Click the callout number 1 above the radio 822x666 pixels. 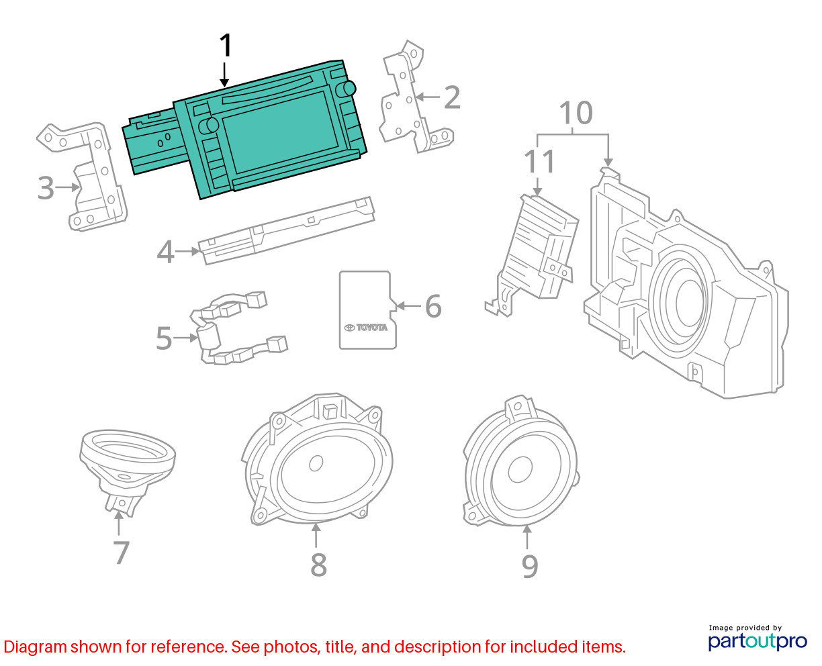click(x=226, y=45)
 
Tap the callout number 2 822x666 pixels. click(x=452, y=97)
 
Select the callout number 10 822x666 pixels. click(x=576, y=113)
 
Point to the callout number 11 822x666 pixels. click(x=539, y=161)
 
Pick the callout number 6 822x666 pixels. click(x=433, y=306)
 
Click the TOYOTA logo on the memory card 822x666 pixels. click(x=366, y=328)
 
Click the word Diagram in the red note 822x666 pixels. click(x=36, y=647)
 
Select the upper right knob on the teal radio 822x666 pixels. click(x=346, y=89)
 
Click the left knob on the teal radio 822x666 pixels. click(x=209, y=125)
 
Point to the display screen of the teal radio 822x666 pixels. click(x=280, y=132)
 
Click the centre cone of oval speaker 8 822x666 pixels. click(x=316, y=463)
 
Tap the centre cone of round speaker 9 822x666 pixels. click(x=520, y=469)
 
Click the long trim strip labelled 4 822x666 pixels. click(x=286, y=231)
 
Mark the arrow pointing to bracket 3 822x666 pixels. click(x=68, y=187)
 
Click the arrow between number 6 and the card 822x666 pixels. click(x=409, y=306)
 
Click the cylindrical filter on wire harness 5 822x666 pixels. click(x=208, y=337)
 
